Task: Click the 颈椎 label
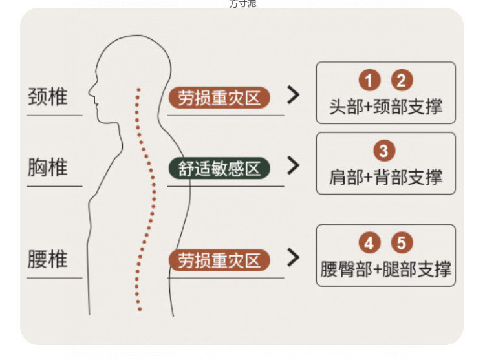point(47,98)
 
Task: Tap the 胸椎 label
point(47,168)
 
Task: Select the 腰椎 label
point(47,260)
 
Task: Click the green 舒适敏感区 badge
point(219,168)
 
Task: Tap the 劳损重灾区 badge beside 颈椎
point(219,98)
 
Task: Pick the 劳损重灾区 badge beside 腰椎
point(219,260)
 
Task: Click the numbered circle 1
point(369,81)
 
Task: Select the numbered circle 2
point(402,81)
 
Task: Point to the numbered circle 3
point(385,151)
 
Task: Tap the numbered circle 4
point(369,243)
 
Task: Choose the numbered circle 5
point(402,243)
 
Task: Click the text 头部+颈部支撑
point(385,107)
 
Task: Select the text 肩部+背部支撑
point(385,177)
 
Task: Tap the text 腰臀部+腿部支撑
point(385,269)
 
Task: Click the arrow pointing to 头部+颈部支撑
point(294,96)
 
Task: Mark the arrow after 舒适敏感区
point(294,166)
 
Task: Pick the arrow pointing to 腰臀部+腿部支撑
point(294,258)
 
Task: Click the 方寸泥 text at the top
point(242,4)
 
